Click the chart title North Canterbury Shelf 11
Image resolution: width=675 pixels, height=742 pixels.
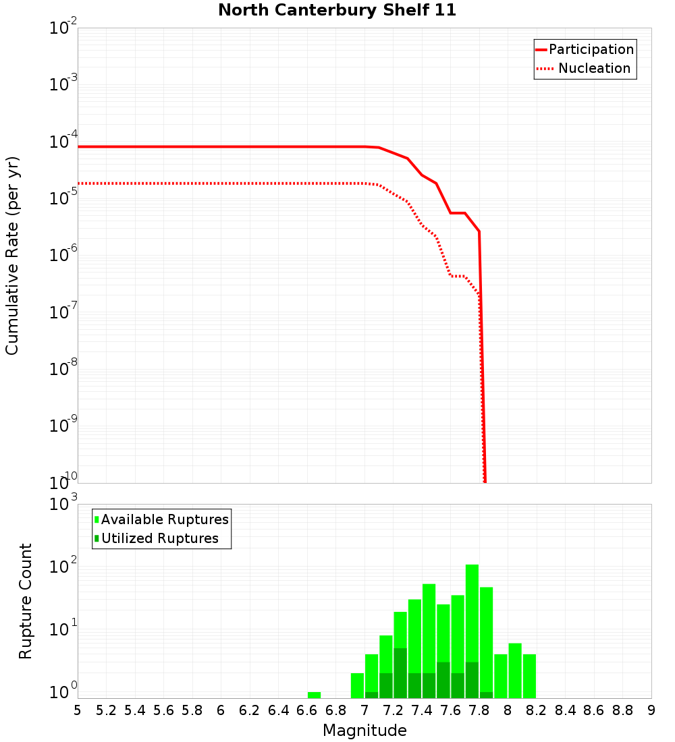tap(337, 11)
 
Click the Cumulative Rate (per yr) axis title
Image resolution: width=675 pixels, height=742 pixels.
tap(12, 255)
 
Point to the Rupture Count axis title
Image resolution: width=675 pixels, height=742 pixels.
tap(26, 600)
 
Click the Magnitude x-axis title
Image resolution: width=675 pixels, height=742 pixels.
tap(364, 731)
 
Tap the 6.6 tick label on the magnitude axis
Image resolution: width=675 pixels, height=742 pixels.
tap(307, 710)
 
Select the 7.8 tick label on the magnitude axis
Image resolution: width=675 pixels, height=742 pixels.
tap(479, 710)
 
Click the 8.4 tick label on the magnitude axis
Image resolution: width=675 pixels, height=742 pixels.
tap(565, 710)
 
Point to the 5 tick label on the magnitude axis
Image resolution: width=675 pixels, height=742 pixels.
tap(78, 710)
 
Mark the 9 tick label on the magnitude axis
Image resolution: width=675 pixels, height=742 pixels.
tap(651, 710)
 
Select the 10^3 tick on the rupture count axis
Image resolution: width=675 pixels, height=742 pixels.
tap(63, 505)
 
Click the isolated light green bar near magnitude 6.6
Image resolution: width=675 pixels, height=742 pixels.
tap(314, 695)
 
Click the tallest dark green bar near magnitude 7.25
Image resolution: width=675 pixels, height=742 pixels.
tap(400, 673)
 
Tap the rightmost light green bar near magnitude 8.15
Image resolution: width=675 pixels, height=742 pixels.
tap(529, 676)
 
